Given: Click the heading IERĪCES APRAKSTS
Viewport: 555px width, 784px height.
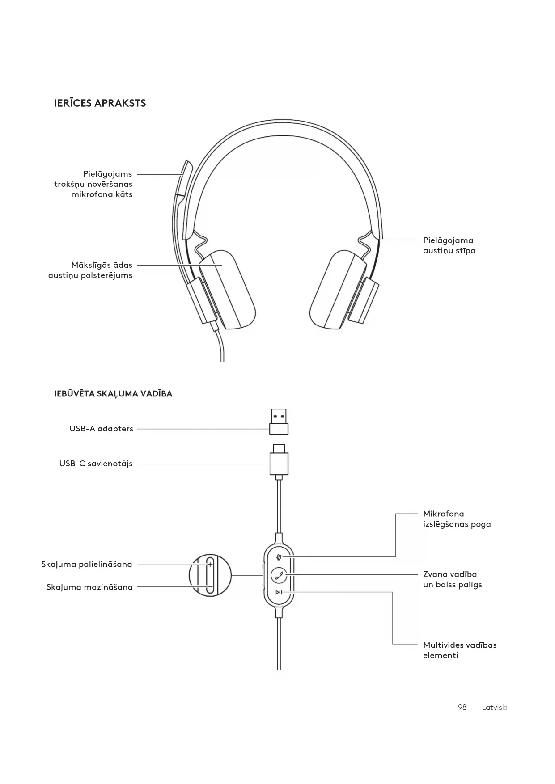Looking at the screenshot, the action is [x=100, y=103].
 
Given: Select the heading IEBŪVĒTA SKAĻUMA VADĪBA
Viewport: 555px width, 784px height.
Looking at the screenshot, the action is [x=113, y=394].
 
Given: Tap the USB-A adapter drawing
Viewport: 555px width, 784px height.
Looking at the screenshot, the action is [x=279, y=422].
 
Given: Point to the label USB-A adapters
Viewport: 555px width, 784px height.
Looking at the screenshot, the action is [x=101, y=429].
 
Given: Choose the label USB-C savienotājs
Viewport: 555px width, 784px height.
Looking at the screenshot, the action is [x=96, y=464].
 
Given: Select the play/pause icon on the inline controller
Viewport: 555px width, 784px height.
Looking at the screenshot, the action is [x=279, y=592].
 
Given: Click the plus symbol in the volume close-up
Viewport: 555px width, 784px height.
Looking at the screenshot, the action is [x=210, y=565].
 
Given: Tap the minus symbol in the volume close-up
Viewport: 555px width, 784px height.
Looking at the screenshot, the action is [x=210, y=586].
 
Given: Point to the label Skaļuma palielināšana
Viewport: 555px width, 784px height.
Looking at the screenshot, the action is [x=87, y=564].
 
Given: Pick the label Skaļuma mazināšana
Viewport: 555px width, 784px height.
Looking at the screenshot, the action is [x=89, y=587].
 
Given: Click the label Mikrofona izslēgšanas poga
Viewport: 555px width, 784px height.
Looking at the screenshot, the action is [x=457, y=519].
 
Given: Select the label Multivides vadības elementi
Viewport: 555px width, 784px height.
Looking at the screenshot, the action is [x=459, y=650].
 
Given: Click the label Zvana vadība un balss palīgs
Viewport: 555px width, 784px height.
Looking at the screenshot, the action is [x=452, y=579].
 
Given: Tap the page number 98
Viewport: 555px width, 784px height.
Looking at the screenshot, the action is [x=462, y=707].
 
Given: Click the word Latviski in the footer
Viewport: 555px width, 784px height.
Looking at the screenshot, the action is [x=495, y=707].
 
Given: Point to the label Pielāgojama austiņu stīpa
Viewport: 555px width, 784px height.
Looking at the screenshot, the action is [x=449, y=245].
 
